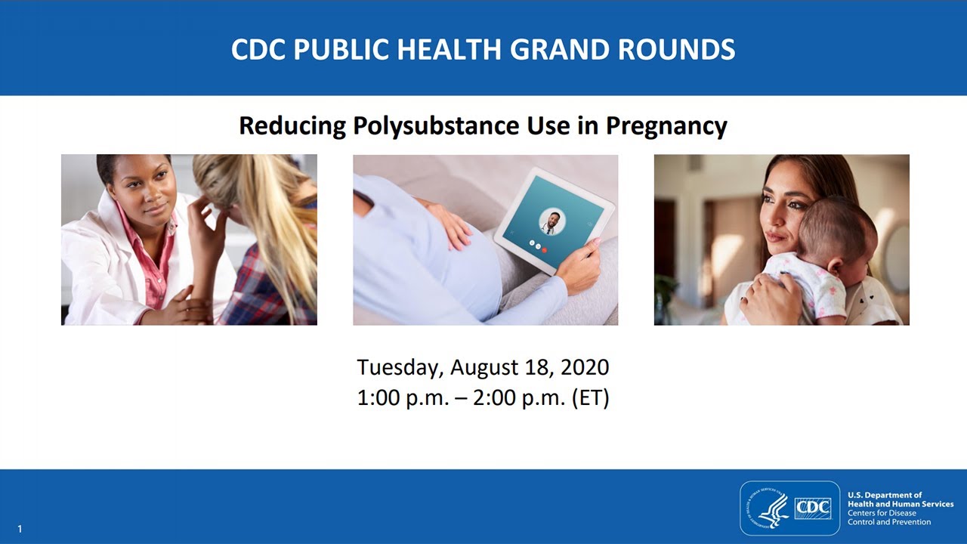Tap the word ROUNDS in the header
[x=678, y=49]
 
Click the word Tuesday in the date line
[x=399, y=368]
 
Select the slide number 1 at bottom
[x=20, y=530]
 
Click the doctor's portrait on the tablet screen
[x=551, y=222]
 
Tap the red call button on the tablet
[x=545, y=249]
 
